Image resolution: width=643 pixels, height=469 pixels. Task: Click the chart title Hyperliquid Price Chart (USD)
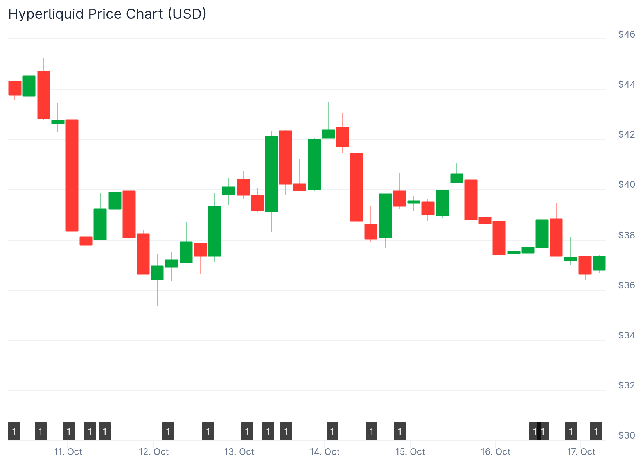[x=107, y=14]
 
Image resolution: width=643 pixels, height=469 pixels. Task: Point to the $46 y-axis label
[x=627, y=34]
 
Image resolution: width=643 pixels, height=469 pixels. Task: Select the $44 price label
[x=627, y=84]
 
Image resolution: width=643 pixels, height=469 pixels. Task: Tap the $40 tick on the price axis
[x=627, y=184]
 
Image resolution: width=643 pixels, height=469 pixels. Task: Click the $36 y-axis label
[x=627, y=285]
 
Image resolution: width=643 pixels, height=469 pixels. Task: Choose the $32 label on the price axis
[x=627, y=385]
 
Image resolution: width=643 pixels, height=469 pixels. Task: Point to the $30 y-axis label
[x=627, y=435]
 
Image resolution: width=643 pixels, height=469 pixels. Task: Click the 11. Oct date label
[x=68, y=452]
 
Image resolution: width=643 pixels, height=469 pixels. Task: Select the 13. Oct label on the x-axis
[x=239, y=452]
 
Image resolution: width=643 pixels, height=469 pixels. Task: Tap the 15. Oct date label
[x=410, y=452]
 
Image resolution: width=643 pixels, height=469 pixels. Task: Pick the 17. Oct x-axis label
[x=581, y=452]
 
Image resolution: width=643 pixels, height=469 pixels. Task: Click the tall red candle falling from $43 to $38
[x=72, y=175]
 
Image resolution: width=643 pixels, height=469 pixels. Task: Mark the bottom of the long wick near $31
[x=72, y=414]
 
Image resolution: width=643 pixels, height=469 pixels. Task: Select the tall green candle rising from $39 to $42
[x=271, y=174]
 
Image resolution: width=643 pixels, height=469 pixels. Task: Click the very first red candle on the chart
[x=15, y=88]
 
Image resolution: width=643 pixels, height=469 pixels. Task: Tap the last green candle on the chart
[x=599, y=263]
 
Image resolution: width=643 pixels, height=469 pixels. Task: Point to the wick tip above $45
[x=44, y=59]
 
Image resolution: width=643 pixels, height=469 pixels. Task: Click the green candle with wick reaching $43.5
[x=329, y=134]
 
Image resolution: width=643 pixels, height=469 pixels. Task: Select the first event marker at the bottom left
[x=14, y=431]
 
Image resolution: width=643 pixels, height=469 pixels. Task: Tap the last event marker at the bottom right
[x=596, y=431]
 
